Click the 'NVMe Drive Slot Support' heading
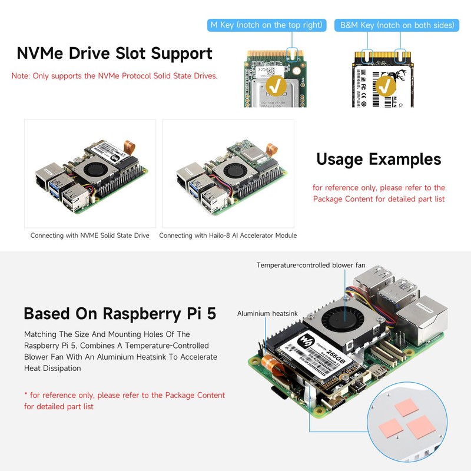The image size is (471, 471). coord(114,53)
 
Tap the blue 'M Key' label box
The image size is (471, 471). coord(267,25)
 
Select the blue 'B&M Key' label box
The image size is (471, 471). coord(396,25)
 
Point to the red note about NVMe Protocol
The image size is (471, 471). coord(114,76)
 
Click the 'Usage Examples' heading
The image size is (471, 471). coord(378,159)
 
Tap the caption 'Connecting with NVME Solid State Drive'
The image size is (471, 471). coord(90,235)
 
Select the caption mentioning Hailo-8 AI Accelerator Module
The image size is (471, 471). coord(228,235)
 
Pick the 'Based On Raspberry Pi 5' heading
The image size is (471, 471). coord(120,313)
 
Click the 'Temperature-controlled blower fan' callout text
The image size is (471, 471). coord(310,266)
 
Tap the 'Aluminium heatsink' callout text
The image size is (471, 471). coord(263,314)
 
